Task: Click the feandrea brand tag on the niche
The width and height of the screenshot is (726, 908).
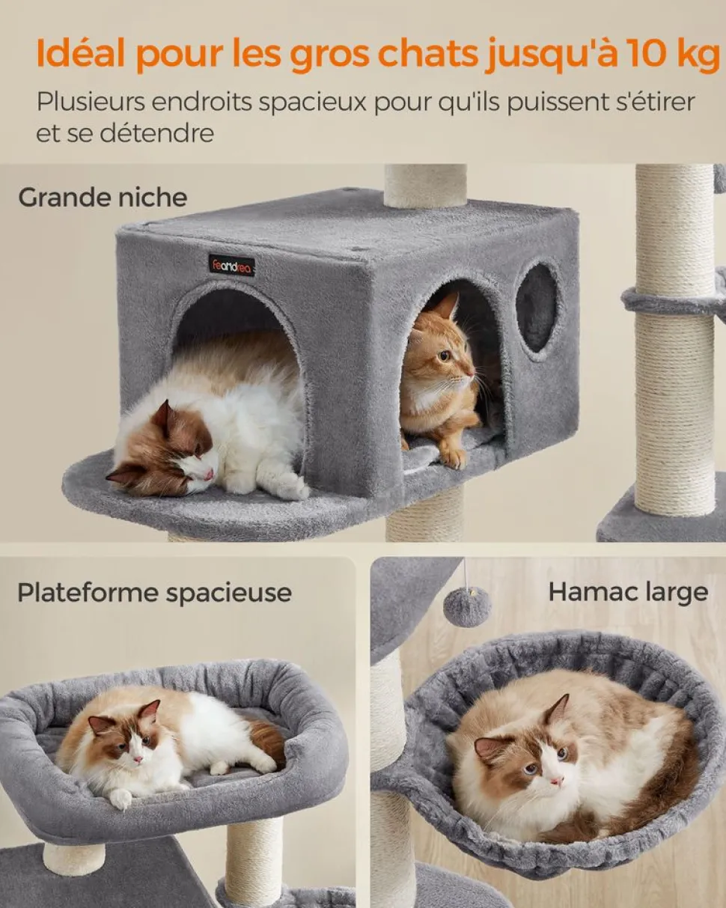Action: (x=231, y=265)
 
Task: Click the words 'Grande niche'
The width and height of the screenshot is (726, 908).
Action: (x=103, y=198)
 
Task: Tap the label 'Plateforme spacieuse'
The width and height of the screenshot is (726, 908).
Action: (x=154, y=593)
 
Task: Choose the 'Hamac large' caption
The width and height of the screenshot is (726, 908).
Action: (x=628, y=592)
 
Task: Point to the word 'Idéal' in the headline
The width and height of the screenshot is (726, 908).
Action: (x=81, y=54)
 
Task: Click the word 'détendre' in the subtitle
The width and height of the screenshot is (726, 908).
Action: (x=156, y=133)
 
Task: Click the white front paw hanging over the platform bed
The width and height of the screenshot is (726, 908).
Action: (x=121, y=796)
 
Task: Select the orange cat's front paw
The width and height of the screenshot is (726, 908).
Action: (x=453, y=456)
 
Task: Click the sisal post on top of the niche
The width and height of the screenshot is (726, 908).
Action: (x=426, y=185)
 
